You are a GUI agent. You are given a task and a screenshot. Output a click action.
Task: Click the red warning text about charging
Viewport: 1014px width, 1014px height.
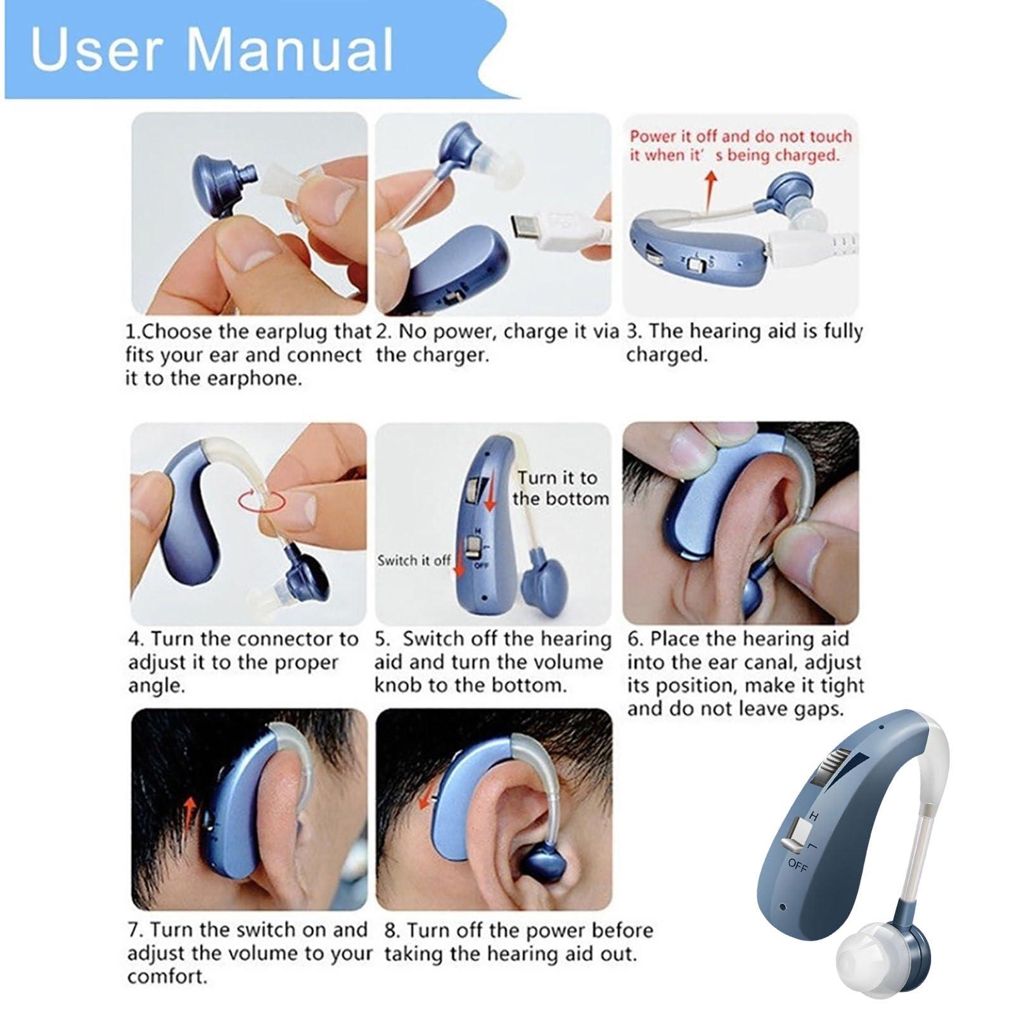[x=741, y=145]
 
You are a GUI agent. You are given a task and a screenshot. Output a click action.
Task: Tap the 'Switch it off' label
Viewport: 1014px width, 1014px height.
[x=414, y=560]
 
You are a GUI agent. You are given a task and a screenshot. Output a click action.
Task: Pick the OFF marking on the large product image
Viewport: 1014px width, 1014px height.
[x=799, y=866]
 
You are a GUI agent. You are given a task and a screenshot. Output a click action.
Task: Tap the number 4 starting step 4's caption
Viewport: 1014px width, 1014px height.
[x=134, y=639]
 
